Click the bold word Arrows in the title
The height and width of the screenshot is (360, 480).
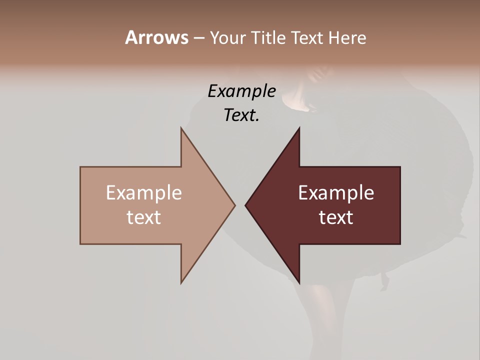[156, 37]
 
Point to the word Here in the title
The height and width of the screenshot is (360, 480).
[347, 37]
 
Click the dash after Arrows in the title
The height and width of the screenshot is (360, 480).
[198, 38]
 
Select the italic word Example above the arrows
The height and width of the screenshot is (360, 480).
[241, 91]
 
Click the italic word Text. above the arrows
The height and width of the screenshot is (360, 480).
[241, 115]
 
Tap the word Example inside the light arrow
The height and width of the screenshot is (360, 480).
[144, 192]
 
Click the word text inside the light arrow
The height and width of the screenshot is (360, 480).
[144, 217]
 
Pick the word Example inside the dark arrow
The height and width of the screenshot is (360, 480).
[336, 192]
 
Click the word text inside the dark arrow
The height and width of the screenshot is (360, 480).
[336, 217]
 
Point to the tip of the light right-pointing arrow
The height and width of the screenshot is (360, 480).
[234, 205]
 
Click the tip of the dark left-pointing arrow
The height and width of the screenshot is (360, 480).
[245, 205]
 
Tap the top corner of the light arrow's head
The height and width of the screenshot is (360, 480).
[181, 128]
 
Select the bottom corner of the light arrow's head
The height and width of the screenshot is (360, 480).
[181, 282]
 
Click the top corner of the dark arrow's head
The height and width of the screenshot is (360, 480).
[299, 128]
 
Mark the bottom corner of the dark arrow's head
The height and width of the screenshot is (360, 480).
[299, 282]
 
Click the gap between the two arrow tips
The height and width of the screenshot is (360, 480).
[240, 205]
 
